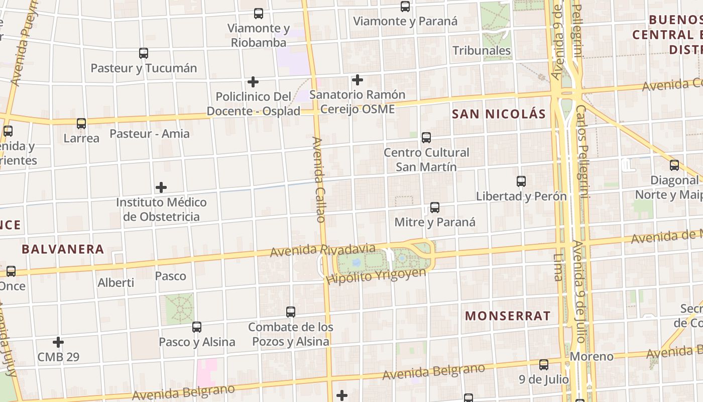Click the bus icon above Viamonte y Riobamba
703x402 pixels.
[x=259, y=14]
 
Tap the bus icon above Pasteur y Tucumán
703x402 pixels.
[x=144, y=53]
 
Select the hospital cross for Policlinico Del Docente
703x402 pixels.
[x=253, y=81]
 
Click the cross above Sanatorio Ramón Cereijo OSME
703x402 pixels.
[x=358, y=80]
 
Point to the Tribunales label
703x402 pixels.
[x=481, y=51]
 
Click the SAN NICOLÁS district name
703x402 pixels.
[x=499, y=114]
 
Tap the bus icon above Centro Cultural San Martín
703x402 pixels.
[x=426, y=137]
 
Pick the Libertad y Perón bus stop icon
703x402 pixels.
[x=521, y=181]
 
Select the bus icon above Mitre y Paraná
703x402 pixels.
[x=435, y=208]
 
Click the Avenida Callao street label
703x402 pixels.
[x=319, y=179]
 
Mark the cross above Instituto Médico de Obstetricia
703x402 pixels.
[x=161, y=187]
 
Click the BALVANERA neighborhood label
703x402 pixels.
[x=63, y=249]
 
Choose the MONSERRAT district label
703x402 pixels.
[x=508, y=316]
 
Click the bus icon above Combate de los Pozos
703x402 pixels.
[x=291, y=312]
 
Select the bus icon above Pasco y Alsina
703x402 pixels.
[x=197, y=327]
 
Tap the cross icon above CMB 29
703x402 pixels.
[x=58, y=342]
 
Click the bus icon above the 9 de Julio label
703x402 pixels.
[x=544, y=365]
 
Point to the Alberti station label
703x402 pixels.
[x=115, y=283]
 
